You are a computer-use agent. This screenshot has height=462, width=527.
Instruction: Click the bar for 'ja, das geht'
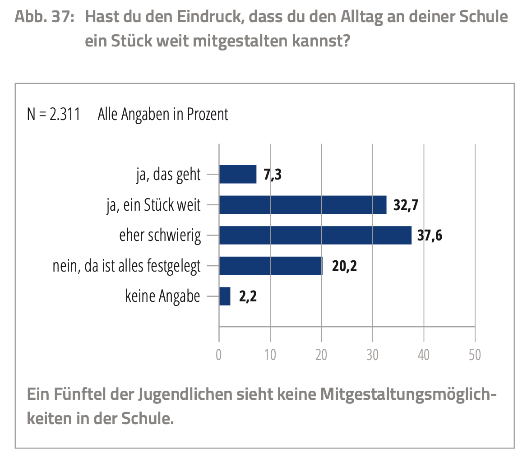(238, 174)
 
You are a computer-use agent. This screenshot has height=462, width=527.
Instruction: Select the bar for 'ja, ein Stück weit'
(303, 205)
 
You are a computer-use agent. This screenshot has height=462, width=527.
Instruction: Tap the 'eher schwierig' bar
(315, 235)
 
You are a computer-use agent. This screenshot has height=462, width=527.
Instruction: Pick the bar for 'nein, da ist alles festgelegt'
(271, 266)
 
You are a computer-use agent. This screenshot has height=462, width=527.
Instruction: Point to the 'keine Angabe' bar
(225, 296)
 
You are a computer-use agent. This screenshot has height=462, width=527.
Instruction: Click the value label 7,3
(273, 175)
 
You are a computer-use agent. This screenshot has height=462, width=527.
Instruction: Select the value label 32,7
(406, 205)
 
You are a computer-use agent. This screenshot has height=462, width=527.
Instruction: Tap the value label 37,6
(430, 236)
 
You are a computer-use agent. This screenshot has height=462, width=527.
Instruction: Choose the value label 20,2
(344, 266)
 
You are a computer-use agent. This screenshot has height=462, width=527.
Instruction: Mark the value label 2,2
(248, 297)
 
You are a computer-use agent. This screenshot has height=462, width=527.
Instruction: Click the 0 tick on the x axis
(219, 355)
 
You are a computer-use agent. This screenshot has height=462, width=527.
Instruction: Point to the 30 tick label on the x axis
(373, 355)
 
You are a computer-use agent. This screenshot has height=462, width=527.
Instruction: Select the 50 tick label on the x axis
(475, 355)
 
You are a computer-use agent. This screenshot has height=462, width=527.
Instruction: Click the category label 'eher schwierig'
(160, 236)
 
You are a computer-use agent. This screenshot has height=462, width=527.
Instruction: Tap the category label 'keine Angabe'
(162, 297)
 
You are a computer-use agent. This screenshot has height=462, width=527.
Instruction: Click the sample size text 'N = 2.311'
(54, 114)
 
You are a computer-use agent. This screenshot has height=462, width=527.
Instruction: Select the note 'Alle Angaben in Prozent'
(163, 114)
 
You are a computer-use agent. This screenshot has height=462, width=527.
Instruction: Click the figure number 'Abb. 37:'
(44, 17)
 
